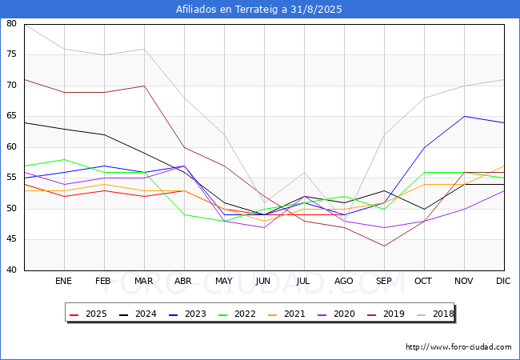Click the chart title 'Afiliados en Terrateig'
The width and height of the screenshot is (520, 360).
click(259, 10)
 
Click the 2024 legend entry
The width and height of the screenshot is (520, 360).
click(138, 314)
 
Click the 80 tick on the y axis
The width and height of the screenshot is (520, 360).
click(11, 24)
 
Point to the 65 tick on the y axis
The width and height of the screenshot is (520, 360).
click(11, 117)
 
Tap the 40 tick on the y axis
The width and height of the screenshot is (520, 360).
click(11, 270)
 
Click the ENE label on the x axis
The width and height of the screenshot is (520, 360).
click(64, 282)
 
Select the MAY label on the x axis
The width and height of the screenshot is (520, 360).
click(224, 282)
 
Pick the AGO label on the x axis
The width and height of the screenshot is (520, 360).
click(344, 282)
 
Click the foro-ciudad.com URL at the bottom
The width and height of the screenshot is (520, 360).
click(458, 347)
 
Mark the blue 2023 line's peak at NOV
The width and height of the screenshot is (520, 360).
click(464, 117)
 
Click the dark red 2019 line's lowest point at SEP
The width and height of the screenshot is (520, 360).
click(384, 246)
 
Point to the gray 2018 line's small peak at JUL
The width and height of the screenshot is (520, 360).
click(304, 172)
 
